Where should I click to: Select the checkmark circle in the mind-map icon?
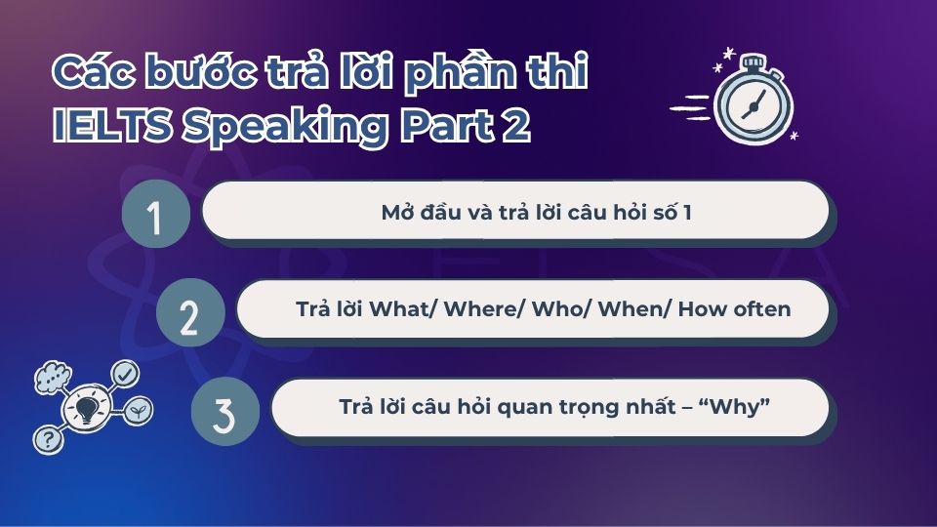(126, 373)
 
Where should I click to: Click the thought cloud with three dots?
(50, 376)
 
